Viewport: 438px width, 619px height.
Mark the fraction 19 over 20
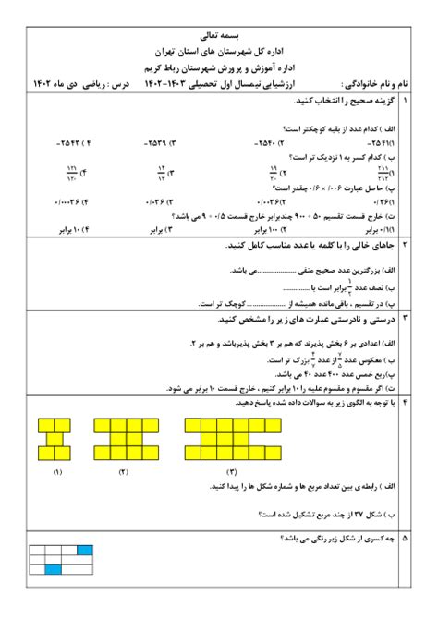click(x=273, y=172)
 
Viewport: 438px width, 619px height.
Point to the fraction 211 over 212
click(x=383, y=172)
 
